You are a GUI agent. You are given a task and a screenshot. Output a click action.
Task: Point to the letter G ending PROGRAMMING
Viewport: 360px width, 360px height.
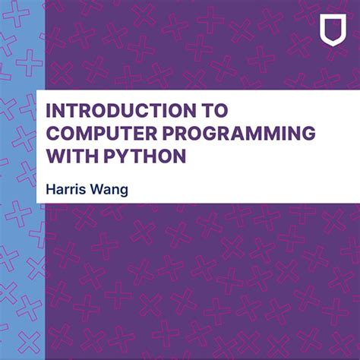tap(308, 134)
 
